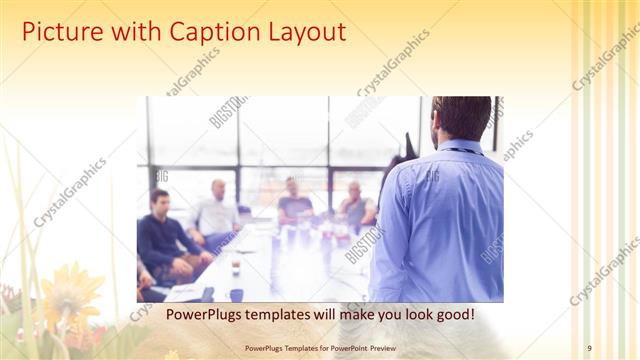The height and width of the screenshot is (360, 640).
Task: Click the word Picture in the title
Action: click(x=62, y=32)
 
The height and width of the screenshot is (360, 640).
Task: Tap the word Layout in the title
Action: click(x=300, y=32)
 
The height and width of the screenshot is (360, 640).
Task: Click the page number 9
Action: click(x=589, y=348)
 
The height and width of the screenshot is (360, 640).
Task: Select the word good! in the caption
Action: click(x=454, y=315)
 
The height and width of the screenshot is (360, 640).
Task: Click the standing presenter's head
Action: click(x=461, y=118)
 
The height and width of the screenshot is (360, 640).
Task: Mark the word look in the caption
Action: click(x=411, y=315)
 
